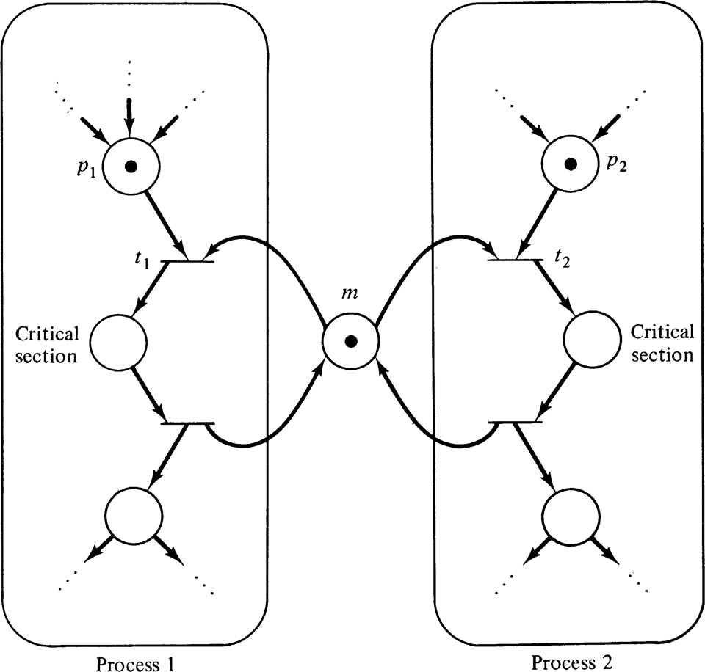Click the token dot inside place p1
pyautogui.click(x=131, y=167)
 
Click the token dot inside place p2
pyautogui.click(x=568, y=162)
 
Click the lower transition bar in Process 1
pyautogui.click(x=188, y=423)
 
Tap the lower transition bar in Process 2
pyautogui.click(x=516, y=423)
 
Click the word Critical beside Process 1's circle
pyautogui.click(x=48, y=335)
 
